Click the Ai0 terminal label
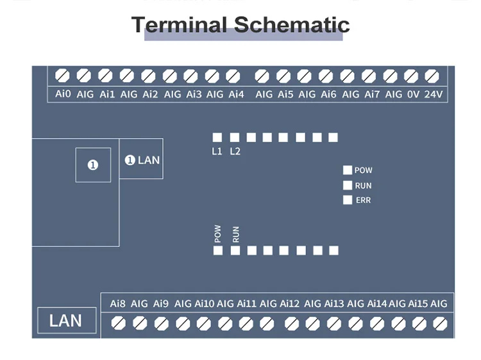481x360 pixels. click(63, 94)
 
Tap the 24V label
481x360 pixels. click(434, 94)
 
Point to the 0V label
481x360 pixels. click(413, 94)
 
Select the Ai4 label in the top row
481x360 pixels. click(236, 94)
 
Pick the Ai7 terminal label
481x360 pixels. click(372, 94)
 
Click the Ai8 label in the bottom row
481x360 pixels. click(118, 304)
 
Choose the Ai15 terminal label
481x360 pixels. click(418, 304)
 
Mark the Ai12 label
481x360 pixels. click(289, 304)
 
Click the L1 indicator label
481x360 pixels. click(217, 151)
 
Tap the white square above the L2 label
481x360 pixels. click(234, 137)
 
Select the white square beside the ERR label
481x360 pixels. click(348, 200)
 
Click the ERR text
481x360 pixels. click(363, 200)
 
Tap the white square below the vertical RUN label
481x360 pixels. click(235, 250)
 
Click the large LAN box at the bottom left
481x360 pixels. click(66, 320)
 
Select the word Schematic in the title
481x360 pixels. click(291, 24)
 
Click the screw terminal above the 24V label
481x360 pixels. click(432, 76)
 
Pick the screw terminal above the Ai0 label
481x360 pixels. click(63, 76)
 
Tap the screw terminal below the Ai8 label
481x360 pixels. click(118, 323)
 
